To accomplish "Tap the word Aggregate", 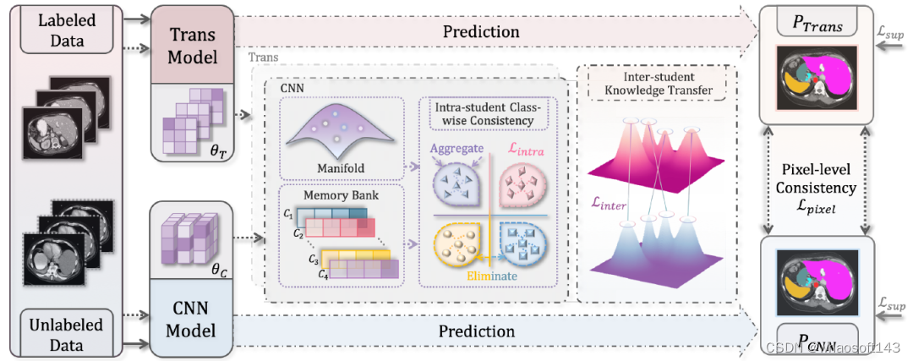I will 456,147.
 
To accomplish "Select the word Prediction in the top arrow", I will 480,31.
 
